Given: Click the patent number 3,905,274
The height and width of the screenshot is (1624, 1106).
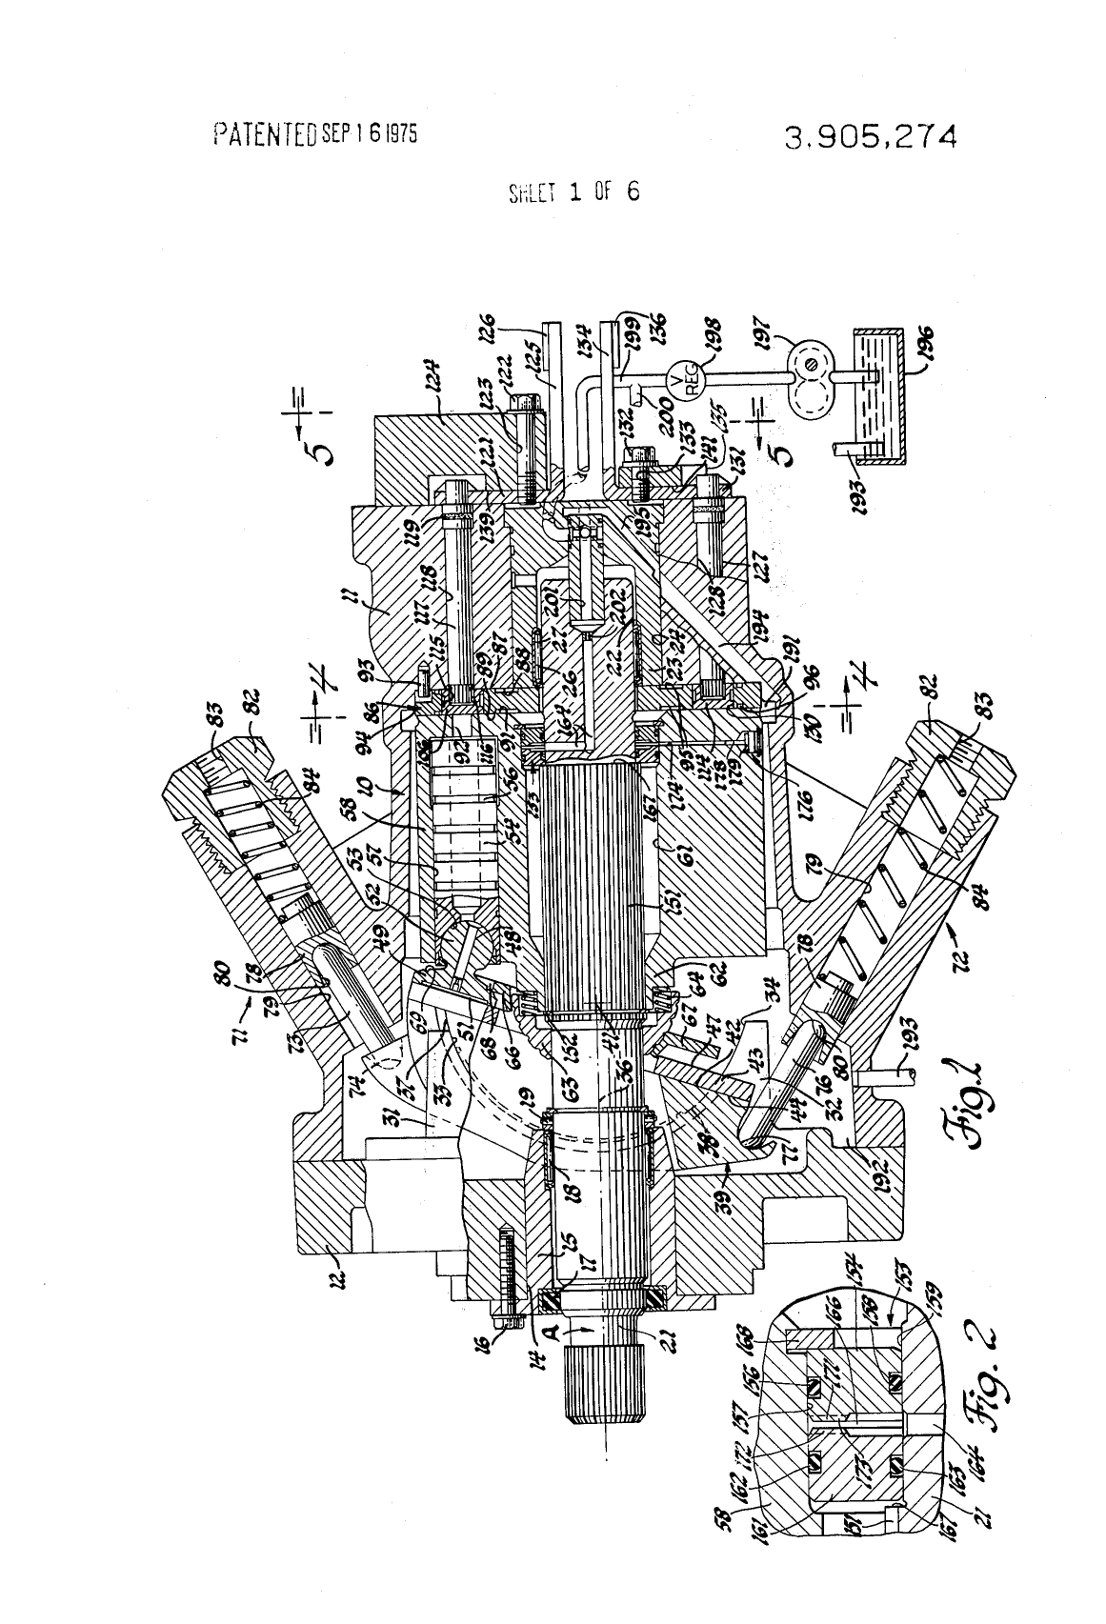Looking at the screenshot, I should click(870, 137).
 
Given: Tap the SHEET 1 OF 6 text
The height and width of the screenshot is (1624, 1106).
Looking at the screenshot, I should click(573, 191).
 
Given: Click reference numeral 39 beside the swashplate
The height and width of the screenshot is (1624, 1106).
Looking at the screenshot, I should click(726, 1180).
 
